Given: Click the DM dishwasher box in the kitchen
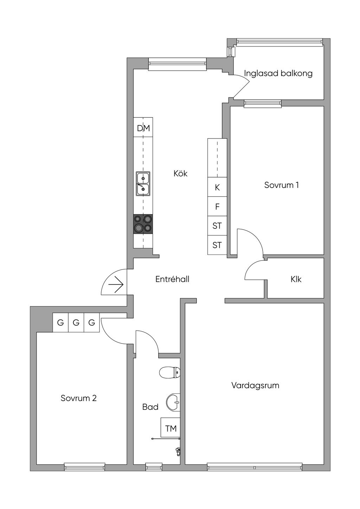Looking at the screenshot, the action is click(143, 128).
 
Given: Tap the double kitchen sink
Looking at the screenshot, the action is click(143, 183).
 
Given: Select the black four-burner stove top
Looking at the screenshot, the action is click(143, 224).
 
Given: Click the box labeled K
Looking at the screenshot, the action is click(217, 187).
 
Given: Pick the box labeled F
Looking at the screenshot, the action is click(217, 207).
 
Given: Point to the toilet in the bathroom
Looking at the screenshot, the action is click(169, 372).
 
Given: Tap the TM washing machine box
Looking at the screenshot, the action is click(171, 429).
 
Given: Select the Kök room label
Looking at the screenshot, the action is click(180, 173).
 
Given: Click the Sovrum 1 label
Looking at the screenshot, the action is click(282, 185).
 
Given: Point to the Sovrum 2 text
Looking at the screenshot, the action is click(79, 398).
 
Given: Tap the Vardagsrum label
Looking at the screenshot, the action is click(255, 385).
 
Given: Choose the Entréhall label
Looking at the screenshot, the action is click(172, 279).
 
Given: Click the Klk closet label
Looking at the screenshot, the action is click(296, 279).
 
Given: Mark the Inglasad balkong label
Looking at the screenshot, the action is click(278, 73).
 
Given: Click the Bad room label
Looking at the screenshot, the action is click(150, 407).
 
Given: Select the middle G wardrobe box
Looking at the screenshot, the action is click(76, 322).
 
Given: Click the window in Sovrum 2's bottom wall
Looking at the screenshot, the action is click(85, 467).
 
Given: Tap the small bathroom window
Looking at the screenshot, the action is click(154, 467).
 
